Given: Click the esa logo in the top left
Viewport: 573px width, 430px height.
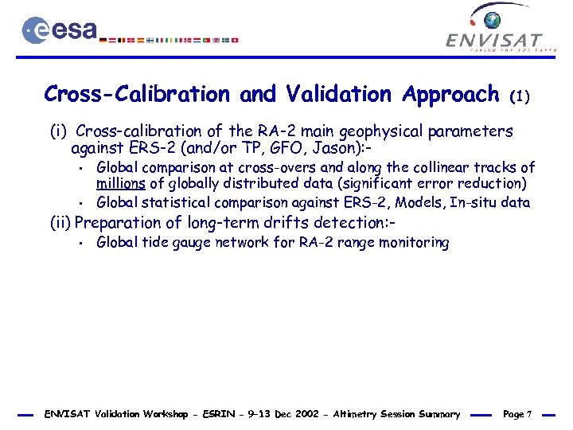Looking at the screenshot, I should coord(59,30).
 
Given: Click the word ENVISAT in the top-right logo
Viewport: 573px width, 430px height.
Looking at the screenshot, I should coord(494,41).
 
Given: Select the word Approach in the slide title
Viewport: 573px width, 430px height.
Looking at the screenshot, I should coord(450,95).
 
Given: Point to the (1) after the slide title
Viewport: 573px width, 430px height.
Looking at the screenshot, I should coord(520,97).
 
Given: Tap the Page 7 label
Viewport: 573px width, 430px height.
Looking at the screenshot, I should coord(518,414).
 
